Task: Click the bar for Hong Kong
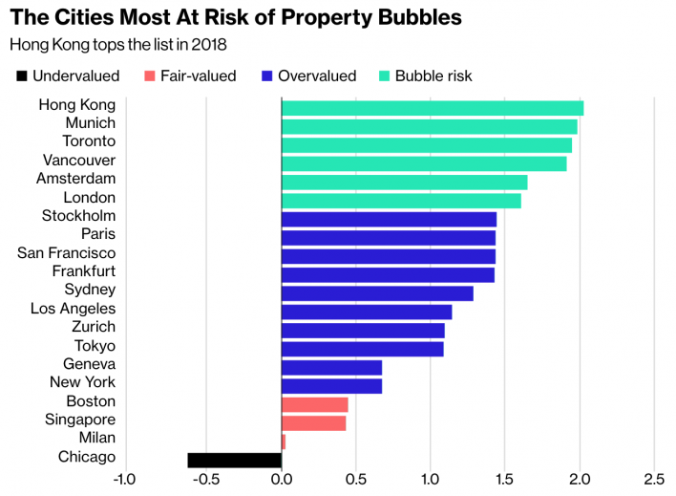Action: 433,108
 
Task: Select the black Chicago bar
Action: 235,460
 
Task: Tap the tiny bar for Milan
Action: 284,441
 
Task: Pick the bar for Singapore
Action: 314,422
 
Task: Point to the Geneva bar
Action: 331,367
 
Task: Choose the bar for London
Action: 401,201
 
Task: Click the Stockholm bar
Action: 389,219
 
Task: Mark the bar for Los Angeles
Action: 367,312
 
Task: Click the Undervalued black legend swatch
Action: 19,75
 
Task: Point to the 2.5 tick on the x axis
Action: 653,479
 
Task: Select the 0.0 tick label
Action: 282,479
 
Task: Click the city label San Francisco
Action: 67,253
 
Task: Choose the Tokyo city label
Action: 95,346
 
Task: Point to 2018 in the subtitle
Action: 211,45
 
